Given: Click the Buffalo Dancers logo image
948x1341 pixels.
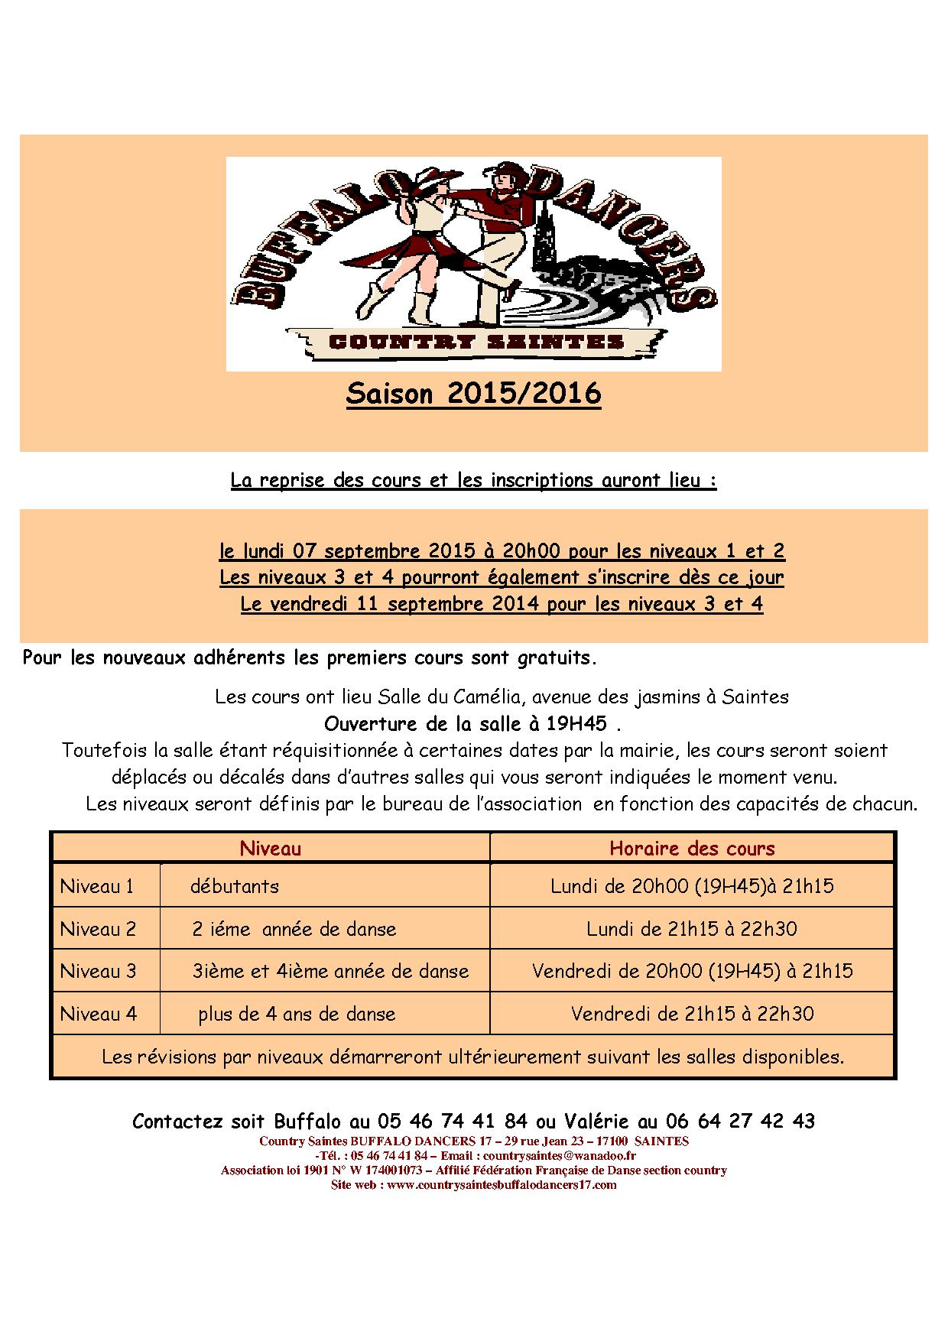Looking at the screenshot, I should (473, 264).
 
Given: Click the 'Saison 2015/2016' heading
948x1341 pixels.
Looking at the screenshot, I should (473, 394).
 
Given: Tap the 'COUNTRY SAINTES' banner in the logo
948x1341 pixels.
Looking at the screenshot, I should (476, 343).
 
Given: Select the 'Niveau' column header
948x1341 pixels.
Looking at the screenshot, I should (271, 848).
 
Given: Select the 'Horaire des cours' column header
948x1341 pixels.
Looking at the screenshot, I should (692, 848).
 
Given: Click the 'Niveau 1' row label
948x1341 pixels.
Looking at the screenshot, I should (97, 886).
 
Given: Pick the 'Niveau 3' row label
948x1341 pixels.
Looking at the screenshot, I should (98, 971).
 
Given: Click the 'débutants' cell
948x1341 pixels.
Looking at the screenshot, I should (235, 886).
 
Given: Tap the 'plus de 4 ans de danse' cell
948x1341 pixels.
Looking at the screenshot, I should (297, 1014).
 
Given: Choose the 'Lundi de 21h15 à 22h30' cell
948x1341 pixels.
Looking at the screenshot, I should (692, 929).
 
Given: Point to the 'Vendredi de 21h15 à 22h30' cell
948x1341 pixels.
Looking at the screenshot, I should (692, 1014).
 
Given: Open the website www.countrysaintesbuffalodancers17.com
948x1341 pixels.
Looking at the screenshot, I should (502, 1184).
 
